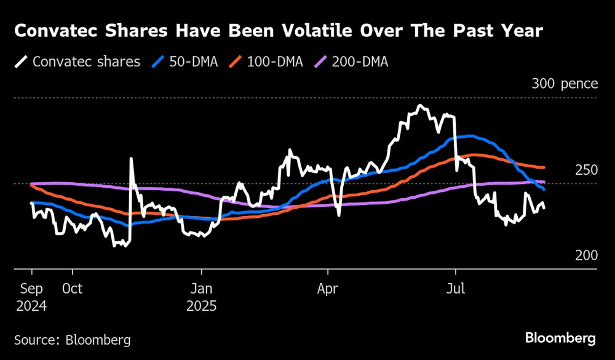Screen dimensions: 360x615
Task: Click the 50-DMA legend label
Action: (x=196, y=62)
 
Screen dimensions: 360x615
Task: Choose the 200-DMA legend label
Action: (x=360, y=62)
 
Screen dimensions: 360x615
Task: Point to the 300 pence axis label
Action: (x=565, y=84)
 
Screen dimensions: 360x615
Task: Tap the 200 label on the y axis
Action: (x=586, y=255)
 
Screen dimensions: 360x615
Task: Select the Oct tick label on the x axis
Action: (x=72, y=288)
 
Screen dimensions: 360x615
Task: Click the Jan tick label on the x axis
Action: (x=200, y=288)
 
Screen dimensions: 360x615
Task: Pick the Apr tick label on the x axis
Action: (x=328, y=288)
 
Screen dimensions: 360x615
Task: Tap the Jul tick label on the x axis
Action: (x=456, y=288)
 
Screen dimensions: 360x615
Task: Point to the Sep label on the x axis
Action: (x=32, y=288)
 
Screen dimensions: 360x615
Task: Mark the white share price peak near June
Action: (x=420, y=106)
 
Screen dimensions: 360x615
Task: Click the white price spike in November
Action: (x=131, y=159)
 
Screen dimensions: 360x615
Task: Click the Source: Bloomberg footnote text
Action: (x=72, y=339)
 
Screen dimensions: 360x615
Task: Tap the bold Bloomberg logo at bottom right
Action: (x=560, y=338)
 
